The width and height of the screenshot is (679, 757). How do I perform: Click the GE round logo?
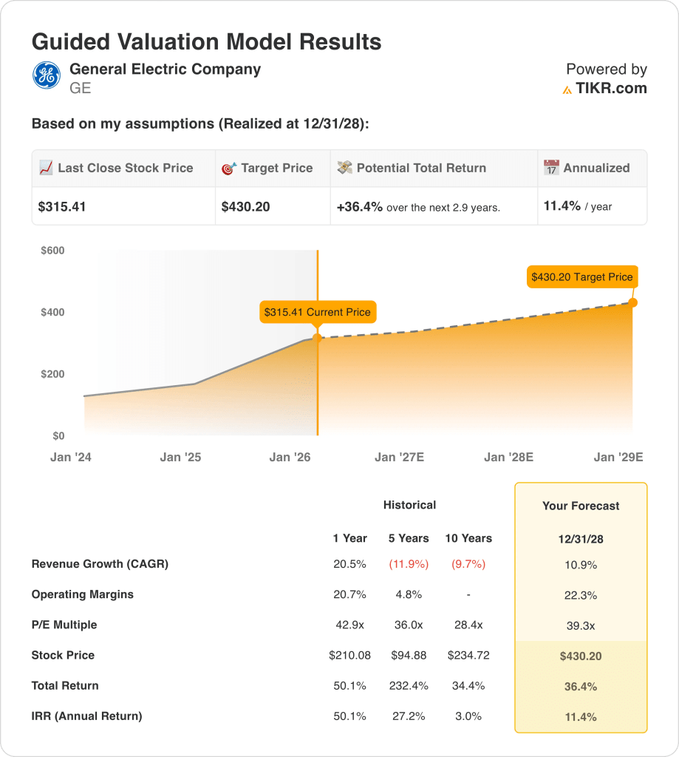click(47, 75)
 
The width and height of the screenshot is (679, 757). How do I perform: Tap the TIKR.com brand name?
click(611, 89)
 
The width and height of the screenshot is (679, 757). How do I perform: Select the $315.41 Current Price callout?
click(318, 312)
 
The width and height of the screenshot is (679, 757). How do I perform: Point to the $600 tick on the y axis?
click(52, 251)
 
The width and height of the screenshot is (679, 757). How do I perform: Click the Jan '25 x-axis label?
click(180, 457)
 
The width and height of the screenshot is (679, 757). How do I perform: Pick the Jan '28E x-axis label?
click(508, 457)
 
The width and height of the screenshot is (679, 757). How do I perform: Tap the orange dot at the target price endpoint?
click(632, 302)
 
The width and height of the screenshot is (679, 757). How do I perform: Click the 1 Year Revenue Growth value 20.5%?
click(349, 564)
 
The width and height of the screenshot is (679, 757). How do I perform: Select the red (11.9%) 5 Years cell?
click(409, 564)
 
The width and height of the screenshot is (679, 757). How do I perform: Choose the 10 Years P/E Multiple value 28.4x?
click(468, 625)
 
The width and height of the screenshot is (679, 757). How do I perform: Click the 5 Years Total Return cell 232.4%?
click(409, 685)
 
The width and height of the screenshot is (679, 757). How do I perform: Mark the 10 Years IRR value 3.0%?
click(468, 716)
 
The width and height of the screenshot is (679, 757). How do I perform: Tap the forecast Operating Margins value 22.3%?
click(581, 595)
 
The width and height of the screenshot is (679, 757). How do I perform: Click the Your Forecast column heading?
click(581, 506)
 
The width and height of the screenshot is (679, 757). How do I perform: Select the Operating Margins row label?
click(83, 594)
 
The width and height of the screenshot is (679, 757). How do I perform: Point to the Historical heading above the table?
click(409, 505)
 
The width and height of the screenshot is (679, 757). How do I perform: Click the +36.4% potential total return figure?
click(360, 207)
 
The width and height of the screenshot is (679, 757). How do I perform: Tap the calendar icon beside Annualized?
click(551, 168)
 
